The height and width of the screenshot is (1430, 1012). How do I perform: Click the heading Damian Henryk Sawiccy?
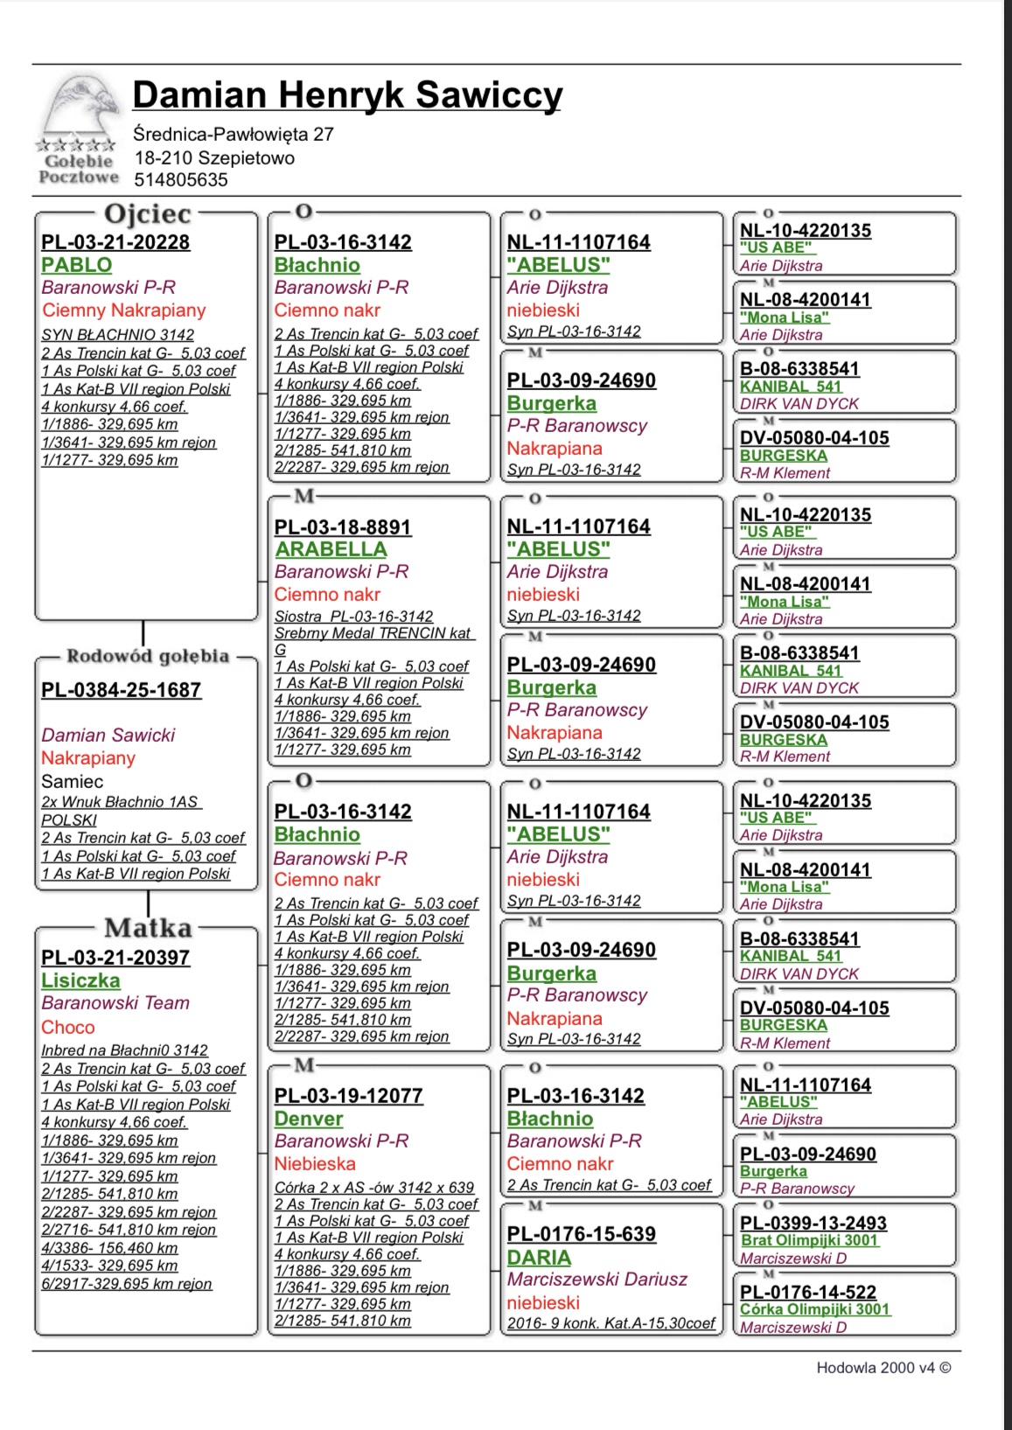pyautogui.click(x=347, y=95)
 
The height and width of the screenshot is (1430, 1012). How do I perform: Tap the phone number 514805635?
pyautogui.click(x=180, y=180)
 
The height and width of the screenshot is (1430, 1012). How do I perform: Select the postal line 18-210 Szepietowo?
pyautogui.click(x=214, y=158)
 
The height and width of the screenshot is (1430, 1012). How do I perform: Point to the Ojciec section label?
pyautogui.click(x=147, y=213)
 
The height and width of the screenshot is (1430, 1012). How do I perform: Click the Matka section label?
pyautogui.click(x=148, y=928)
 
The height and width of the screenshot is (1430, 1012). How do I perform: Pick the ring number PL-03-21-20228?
pyautogui.click(x=115, y=243)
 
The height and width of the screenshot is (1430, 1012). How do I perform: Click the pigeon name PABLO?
pyautogui.click(x=77, y=265)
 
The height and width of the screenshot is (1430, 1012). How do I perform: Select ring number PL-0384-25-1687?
pyautogui.click(x=121, y=690)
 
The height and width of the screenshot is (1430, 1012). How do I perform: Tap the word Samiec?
pyautogui.click(x=72, y=782)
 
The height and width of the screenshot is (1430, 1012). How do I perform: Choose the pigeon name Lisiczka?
pyautogui.click(x=80, y=980)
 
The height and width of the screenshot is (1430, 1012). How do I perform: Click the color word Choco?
pyautogui.click(x=68, y=1028)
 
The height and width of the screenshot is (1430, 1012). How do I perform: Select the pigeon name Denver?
pyautogui.click(x=309, y=1119)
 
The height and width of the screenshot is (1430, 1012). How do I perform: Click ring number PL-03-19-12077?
pyautogui.click(x=348, y=1096)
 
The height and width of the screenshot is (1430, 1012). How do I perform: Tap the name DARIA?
pyautogui.click(x=539, y=1258)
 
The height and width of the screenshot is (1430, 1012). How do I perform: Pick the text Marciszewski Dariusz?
pyautogui.click(x=597, y=1280)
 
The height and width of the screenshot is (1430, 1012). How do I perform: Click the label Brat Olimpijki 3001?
pyautogui.click(x=809, y=1240)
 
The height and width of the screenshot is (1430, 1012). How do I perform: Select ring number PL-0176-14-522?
pyautogui.click(x=808, y=1293)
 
